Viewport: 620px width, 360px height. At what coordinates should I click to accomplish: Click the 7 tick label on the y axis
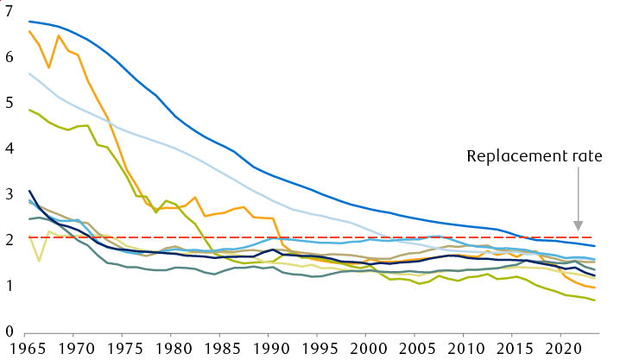tap(9, 11)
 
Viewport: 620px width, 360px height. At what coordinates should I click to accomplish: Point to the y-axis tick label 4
tap(9, 148)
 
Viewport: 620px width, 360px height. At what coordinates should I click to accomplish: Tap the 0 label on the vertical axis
tap(9, 332)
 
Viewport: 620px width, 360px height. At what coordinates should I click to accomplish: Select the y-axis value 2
tap(9, 240)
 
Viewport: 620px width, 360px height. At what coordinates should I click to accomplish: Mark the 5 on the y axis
tap(9, 103)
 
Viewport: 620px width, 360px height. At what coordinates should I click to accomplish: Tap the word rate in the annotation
tap(579, 156)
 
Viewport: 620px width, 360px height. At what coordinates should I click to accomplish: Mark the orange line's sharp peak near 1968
tap(59, 35)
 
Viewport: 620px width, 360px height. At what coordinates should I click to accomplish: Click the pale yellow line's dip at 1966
tap(39, 260)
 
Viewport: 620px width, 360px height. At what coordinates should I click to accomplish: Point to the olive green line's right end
tap(594, 300)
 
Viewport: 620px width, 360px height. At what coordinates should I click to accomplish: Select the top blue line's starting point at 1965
tap(29, 21)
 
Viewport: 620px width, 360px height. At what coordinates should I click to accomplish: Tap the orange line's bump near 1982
tap(196, 198)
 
